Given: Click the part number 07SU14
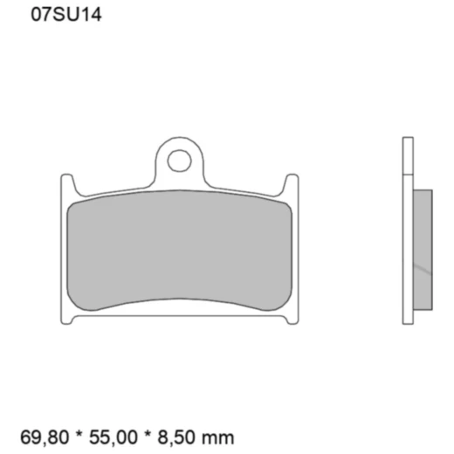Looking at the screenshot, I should (66, 15).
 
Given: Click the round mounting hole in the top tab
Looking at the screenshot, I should (181, 161).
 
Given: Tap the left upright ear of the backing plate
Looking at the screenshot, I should (66, 185).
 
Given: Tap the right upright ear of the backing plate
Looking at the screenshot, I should (292, 185).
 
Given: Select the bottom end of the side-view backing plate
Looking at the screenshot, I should (407, 320).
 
